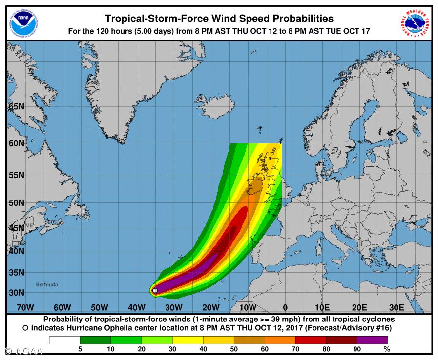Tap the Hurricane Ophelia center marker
155,290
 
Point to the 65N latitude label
16,107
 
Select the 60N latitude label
16,143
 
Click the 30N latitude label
16,292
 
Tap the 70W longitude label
25,307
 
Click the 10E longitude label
322,307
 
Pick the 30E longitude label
396,307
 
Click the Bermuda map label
47,284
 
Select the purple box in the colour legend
372,340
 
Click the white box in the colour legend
64,340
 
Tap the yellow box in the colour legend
188,340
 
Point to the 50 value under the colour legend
234,349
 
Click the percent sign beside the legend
387,349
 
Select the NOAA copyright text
23,351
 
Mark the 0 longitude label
285,307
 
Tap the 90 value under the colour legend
357,349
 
